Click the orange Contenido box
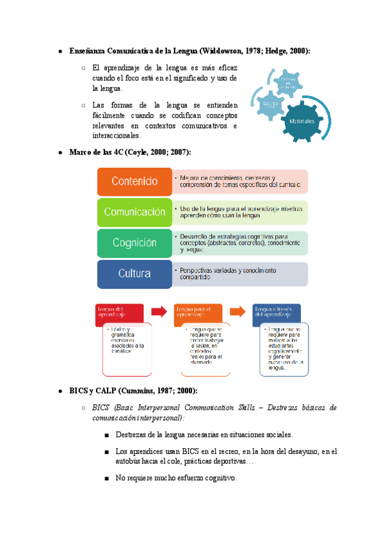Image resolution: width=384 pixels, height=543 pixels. pos(134,181)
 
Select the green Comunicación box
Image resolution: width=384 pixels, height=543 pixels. pos(134,212)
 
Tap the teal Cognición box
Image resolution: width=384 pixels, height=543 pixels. pos(134,243)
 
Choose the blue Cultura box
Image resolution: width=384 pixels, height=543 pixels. pos(134,273)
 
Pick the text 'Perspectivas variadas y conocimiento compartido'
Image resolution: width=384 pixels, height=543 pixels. pos(227,274)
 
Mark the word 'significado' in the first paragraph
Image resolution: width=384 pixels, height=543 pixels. pos(182,78)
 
